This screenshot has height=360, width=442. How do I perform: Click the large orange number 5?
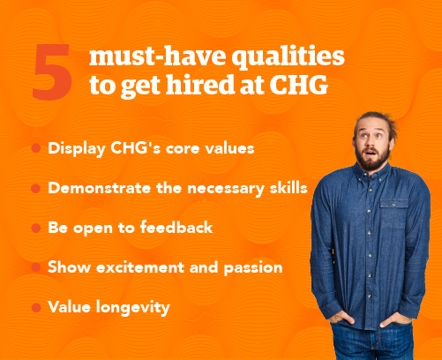tap(54, 74)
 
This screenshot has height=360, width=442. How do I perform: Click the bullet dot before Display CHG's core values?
tap(35, 148)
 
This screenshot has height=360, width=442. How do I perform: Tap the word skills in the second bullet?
tap(284, 188)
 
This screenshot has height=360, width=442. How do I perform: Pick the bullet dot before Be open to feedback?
tap(35, 229)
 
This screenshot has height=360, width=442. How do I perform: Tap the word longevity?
tap(141, 307)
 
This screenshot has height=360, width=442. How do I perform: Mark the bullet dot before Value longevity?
tap(35, 308)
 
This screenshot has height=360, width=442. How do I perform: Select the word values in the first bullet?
tap(230, 148)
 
